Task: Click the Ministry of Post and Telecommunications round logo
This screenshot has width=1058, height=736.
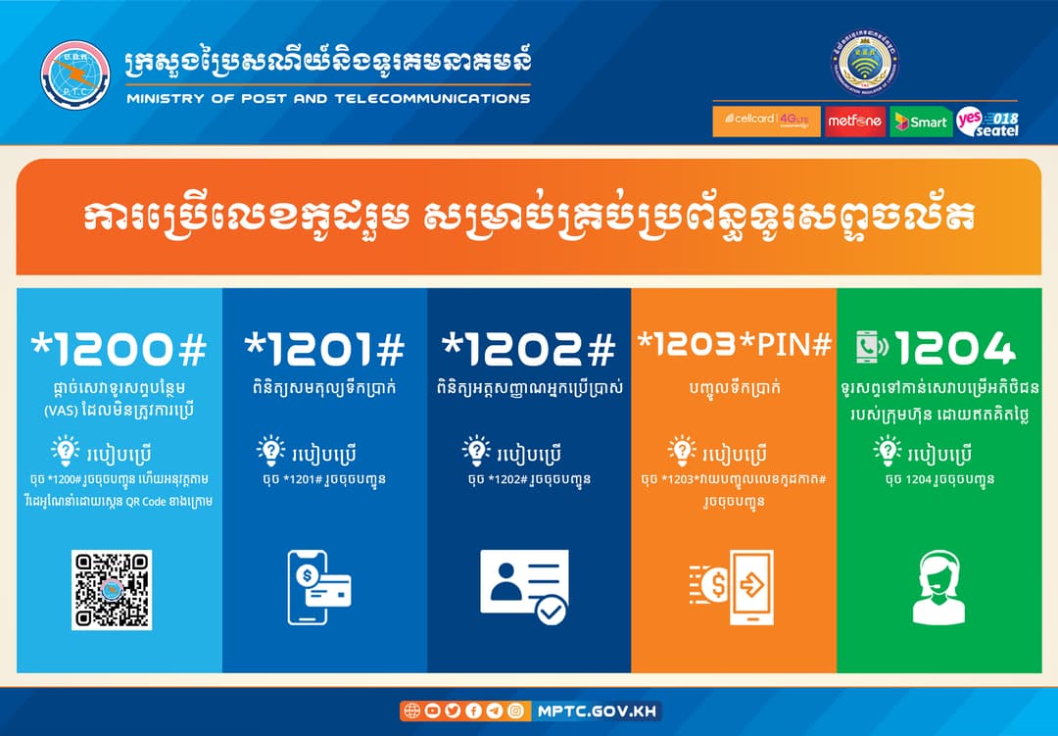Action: tap(74, 74)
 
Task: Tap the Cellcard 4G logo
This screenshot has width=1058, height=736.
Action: tap(766, 121)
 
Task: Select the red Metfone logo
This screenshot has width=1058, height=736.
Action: tap(855, 122)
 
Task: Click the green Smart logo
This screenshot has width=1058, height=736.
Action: tap(921, 122)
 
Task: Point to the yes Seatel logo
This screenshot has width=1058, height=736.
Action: tap(987, 122)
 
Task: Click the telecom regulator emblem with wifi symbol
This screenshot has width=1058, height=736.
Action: tap(865, 62)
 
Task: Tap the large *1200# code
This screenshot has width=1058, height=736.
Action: tap(120, 349)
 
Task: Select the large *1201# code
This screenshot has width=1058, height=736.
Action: tap(324, 349)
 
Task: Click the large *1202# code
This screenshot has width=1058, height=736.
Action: tap(529, 349)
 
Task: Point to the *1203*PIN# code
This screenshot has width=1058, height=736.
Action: tap(734, 344)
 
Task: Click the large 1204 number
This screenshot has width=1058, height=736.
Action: tap(955, 349)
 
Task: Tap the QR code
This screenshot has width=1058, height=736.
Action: tap(112, 589)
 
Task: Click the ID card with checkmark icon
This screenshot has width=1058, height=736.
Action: tap(524, 586)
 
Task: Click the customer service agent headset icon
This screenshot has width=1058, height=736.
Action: tap(939, 587)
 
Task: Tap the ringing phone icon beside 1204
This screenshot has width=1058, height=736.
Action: tap(873, 346)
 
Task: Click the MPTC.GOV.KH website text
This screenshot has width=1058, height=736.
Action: tap(597, 711)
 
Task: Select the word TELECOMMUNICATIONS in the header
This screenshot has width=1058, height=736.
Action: tap(433, 99)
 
